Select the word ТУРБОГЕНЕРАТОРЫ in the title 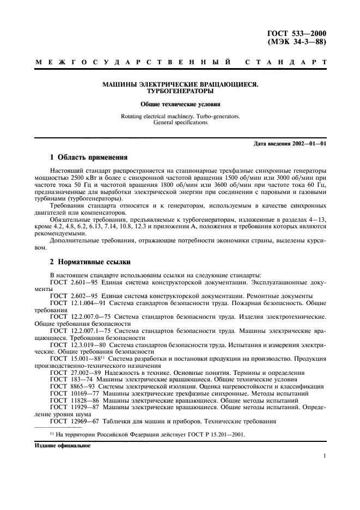(x=180, y=92)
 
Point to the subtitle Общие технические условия (x=180, y=104)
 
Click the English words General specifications (x=180, y=123)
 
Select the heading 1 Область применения (x=88, y=157)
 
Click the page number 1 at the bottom (x=324, y=457)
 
